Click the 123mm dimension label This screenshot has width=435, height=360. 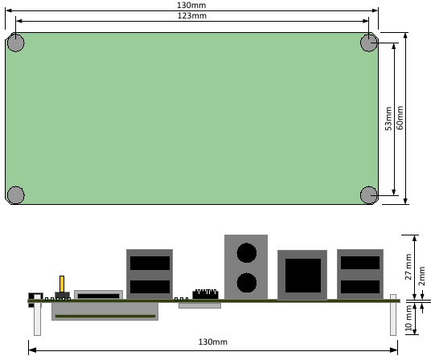pyautogui.click(x=192, y=15)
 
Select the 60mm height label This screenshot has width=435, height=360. pyautogui.click(x=400, y=117)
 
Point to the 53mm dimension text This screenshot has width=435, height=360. pyautogui.click(x=388, y=118)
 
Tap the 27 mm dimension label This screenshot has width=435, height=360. pyautogui.click(x=408, y=267)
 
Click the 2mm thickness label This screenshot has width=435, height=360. pyautogui.click(x=421, y=276)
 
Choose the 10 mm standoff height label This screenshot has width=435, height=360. pyautogui.click(x=408, y=318)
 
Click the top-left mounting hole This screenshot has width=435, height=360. pyautogui.click(x=16, y=43)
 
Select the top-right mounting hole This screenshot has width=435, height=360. pyautogui.click(x=369, y=43)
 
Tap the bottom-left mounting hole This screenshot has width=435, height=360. pyautogui.click(x=16, y=195)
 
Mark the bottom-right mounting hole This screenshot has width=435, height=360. pyautogui.click(x=369, y=195)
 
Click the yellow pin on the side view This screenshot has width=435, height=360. pyautogui.click(x=62, y=284)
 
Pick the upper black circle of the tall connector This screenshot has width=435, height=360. pyautogui.click(x=246, y=253)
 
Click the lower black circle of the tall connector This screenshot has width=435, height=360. pyautogui.click(x=246, y=283)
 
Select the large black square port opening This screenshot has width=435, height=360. pyautogui.click(x=303, y=276)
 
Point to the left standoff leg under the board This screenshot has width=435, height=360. pyautogui.click(x=37, y=319)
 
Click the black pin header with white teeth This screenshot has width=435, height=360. pyautogui.click(x=205, y=294)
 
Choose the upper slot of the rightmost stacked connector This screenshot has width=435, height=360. pyautogui.click(x=360, y=263)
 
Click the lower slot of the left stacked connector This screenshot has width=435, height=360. pyautogui.click(x=150, y=287)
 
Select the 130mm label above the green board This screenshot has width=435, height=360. pyautogui.click(x=191, y=5)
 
